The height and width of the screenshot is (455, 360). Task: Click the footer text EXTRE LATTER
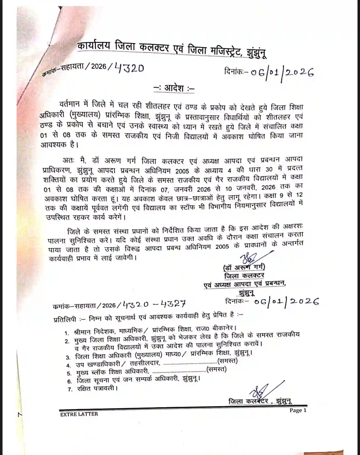(x=79, y=414)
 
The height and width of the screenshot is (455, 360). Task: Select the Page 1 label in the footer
(x=298, y=410)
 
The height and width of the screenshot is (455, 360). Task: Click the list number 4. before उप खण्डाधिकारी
(x=68, y=366)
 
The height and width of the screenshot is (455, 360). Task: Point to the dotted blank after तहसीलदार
(x=190, y=363)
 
